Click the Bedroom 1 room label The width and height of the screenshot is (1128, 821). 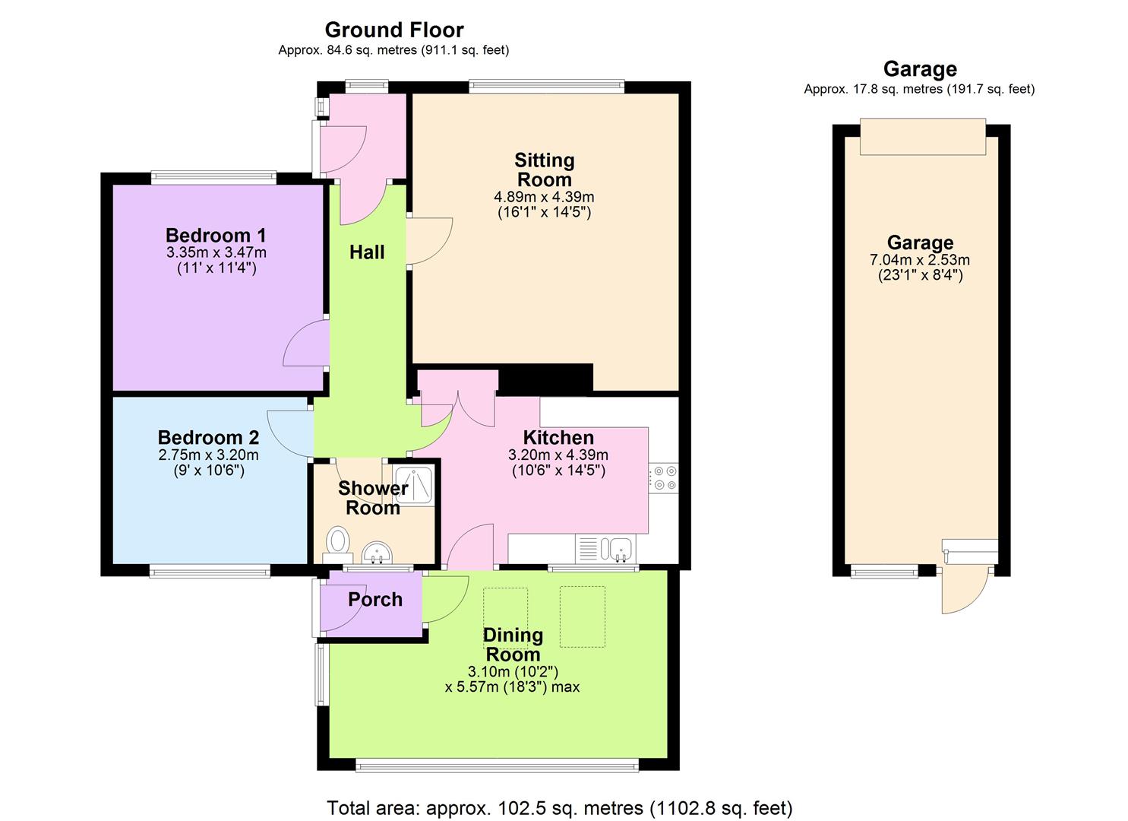[216, 235]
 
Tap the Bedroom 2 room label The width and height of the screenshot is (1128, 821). [208, 437]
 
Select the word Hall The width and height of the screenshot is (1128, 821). [367, 252]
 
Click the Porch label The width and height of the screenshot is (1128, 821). [375, 599]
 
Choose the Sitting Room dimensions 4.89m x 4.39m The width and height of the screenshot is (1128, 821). [544, 198]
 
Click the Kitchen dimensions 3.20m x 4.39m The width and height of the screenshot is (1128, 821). [558, 455]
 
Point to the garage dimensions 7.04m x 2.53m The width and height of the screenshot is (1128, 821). [920, 260]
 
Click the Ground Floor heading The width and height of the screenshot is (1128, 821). [394, 30]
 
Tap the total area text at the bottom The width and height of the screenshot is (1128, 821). [560, 807]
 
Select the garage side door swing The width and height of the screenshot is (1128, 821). [965, 589]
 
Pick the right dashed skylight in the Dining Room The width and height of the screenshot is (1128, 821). [583, 616]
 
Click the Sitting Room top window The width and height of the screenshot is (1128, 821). [547, 87]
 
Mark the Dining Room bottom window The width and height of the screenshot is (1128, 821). [497, 766]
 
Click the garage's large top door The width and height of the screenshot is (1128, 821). [923, 137]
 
